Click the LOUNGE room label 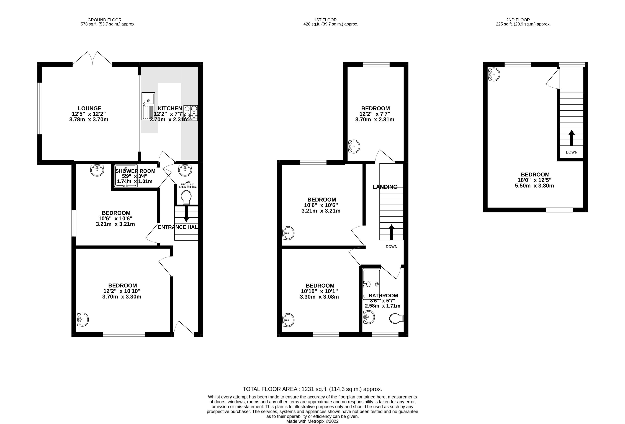coord(90,108)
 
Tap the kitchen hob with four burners coord(191,113)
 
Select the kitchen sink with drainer coord(148,106)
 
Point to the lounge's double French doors coord(92,59)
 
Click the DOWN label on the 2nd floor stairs coord(572,152)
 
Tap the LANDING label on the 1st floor coord(385,187)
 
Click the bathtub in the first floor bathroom coord(372,284)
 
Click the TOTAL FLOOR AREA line coord(312,389)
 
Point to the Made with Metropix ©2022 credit coord(312,421)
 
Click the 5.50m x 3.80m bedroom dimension coord(534,186)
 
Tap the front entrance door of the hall coord(184,328)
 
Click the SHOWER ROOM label coord(135,171)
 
